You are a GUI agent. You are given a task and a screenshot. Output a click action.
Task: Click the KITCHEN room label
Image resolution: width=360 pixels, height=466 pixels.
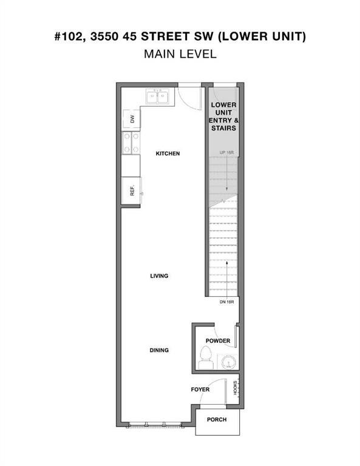tap(168, 154)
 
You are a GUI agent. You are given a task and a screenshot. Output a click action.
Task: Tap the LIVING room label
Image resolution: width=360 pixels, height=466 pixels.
tap(159, 276)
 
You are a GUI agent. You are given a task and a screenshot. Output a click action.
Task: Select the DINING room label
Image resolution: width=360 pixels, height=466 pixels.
tap(159, 350)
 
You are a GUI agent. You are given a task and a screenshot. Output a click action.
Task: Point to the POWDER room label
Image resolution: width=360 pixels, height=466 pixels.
tap(218, 341)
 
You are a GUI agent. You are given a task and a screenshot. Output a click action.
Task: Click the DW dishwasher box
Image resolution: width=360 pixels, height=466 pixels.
tap(132, 119)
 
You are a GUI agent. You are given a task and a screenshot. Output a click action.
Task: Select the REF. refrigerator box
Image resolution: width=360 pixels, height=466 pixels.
tap(131, 192)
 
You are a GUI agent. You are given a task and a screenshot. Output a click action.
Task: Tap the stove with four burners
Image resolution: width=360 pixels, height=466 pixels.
tap(131, 143)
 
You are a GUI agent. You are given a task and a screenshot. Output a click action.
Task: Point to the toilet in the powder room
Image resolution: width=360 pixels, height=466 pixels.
tap(205, 359)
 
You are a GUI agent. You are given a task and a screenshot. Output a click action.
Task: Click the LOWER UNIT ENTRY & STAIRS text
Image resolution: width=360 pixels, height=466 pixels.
tap(223, 116)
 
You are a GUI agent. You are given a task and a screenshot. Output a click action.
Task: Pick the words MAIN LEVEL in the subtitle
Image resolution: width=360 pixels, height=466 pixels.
tap(180, 54)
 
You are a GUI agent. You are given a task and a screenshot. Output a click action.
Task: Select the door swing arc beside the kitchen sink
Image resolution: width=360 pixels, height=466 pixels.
tap(192, 99)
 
